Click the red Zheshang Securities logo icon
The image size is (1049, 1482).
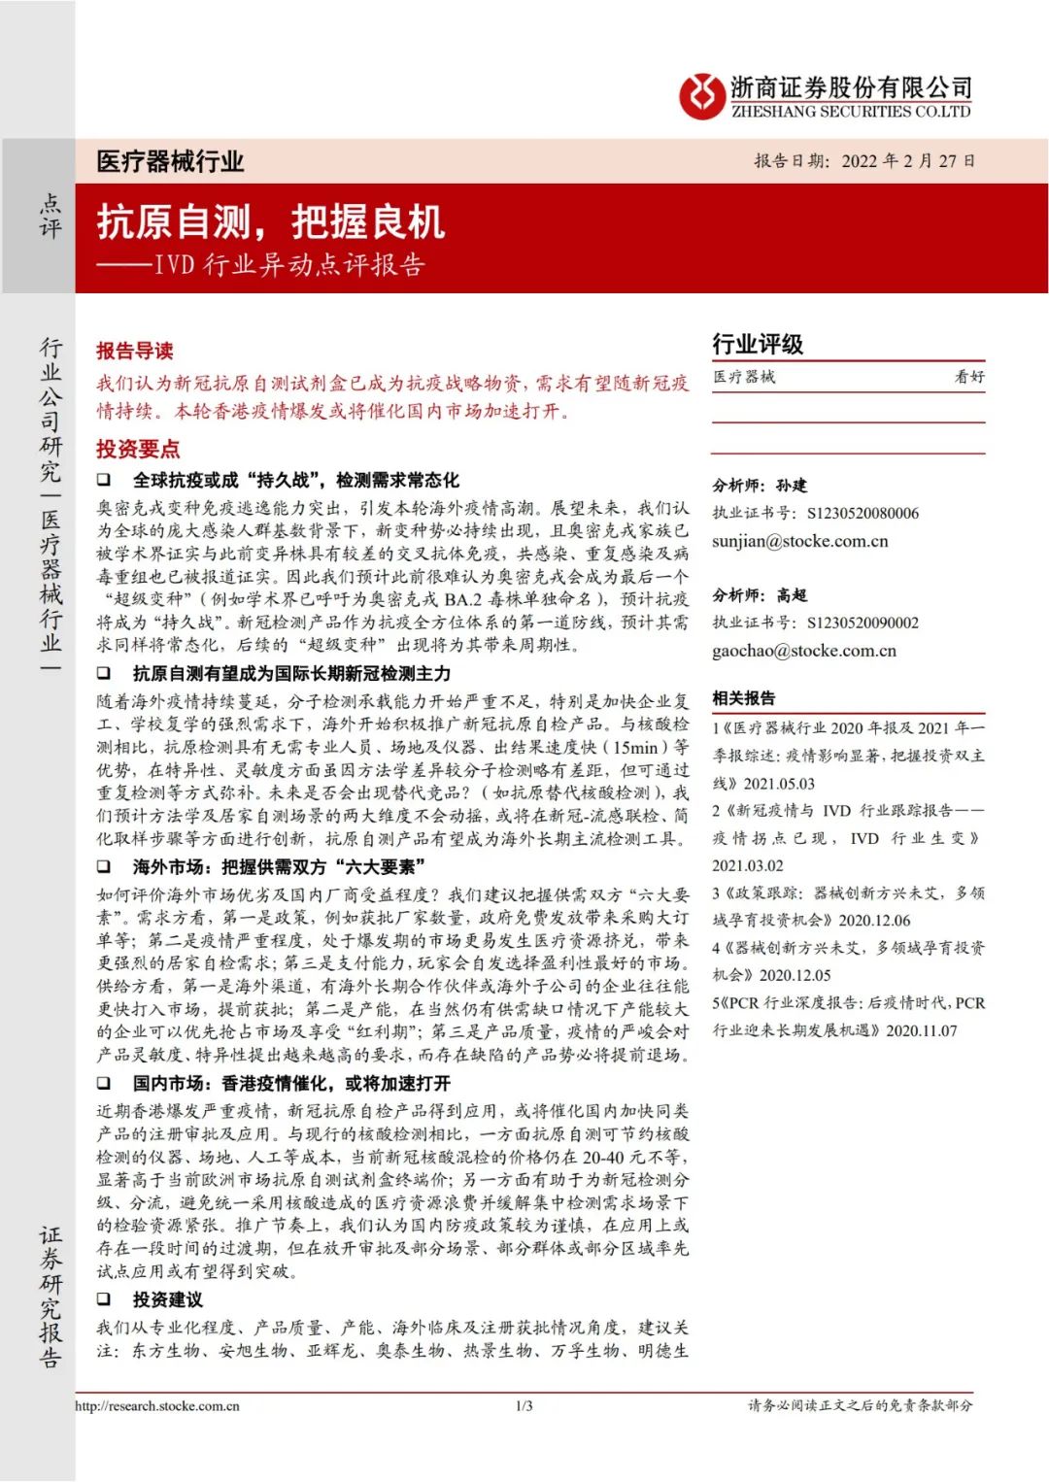(701, 97)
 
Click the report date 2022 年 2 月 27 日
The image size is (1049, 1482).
(907, 160)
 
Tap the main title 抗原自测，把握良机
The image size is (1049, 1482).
(271, 222)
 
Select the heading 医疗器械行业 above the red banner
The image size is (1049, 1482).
(170, 161)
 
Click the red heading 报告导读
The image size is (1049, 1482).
(135, 351)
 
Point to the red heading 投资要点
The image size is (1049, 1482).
(138, 449)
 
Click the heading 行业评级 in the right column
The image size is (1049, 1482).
(758, 344)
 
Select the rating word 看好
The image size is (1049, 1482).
(968, 377)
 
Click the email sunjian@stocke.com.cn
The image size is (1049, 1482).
(799, 541)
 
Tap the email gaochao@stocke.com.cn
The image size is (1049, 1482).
(803, 651)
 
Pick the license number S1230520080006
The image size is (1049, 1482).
(863, 513)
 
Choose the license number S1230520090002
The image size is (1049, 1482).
(863, 623)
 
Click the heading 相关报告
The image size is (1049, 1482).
(744, 698)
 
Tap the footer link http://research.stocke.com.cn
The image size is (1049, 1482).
(157, 1405)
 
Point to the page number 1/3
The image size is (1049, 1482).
(524, 1405)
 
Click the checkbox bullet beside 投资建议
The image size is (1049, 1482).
(104, 1299)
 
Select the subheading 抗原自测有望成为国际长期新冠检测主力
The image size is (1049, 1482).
(291, 673)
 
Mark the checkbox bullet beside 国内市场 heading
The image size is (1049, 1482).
(104, 1083)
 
